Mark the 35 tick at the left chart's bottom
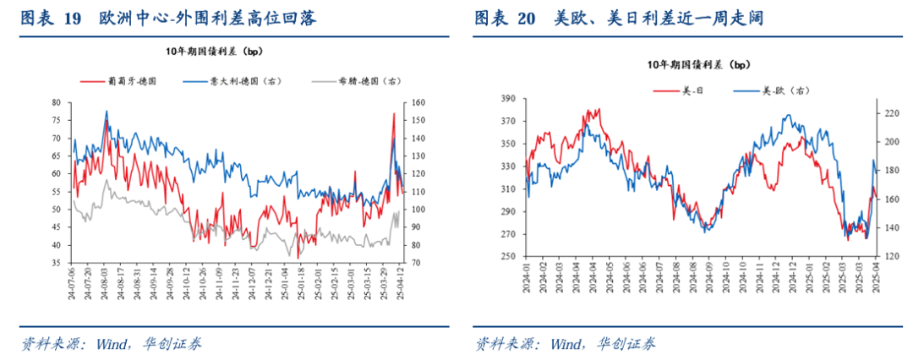point(57,264)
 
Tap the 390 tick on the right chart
point(507,99)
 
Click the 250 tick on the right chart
point(507,257)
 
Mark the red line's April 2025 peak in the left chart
point(394,114)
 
